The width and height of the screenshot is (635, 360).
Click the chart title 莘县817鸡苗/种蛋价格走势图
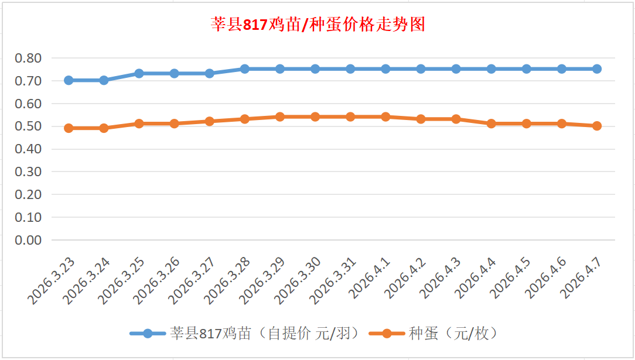click(x=317, y=25)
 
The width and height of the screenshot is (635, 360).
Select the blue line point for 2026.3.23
click(x=69, y=80)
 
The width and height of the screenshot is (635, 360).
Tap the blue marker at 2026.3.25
click(x=139, y=73)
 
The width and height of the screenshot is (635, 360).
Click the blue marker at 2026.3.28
click(x=245, y=68)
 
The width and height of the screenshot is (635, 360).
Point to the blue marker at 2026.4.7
click(x=597, y=68)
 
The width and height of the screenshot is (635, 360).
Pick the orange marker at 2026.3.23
click(x=69, y=128)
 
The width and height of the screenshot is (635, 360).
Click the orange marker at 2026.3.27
click(x=210, y=121)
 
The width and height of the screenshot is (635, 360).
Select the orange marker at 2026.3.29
click(x=280, y=116)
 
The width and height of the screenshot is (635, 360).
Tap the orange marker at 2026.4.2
click(x=421, y=119)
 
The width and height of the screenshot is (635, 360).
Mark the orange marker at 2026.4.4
click(x=491, y=124)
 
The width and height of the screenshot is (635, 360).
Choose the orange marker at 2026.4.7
click(x=597, y=126)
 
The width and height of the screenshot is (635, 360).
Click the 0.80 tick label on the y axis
click(x=28, y=58)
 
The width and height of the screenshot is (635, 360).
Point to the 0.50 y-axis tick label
click(x=28, y=126)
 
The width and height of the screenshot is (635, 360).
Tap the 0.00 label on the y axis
click(x=28, y=240)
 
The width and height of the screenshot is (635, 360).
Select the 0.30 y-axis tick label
click(x=28, y=172)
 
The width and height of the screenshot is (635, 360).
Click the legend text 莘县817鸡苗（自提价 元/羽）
click(x=264, y=334)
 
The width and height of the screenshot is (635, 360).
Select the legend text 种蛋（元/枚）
click(x=453, y=334)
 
